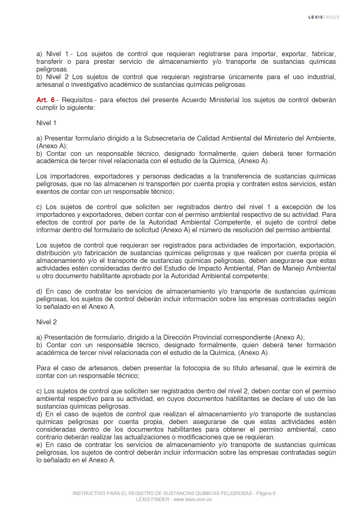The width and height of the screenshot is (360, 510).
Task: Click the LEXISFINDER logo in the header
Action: tap(324, 17)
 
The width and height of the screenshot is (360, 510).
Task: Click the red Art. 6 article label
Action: tap(45, 100)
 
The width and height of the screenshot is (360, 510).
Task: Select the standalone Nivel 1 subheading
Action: tap(46, 123)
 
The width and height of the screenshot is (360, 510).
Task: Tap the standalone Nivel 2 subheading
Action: tap(46, 322)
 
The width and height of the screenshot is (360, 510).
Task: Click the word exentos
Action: tap(47, 191)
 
